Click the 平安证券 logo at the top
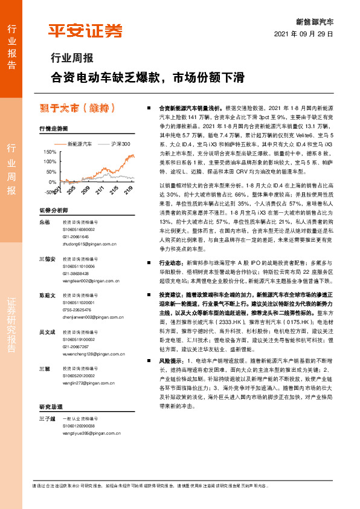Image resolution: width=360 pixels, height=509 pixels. click(x=85, y=31)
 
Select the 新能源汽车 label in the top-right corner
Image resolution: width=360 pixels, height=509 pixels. click(x=315, y=21)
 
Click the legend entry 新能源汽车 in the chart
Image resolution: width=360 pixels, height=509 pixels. click(x=79, y=144)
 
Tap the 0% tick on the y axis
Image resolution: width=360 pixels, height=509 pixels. click(x=53, y=181)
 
